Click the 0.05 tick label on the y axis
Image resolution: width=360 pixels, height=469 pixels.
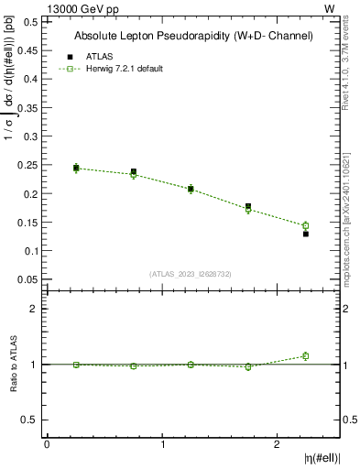(x=27, y=279)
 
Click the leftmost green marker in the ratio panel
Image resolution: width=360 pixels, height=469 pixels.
(x=76, y=365)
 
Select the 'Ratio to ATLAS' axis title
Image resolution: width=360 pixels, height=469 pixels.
(x=14, y=364)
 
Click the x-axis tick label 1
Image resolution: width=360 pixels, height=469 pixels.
(x=163, y=444)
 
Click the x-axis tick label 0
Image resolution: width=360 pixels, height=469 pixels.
(x=47, y=444)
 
